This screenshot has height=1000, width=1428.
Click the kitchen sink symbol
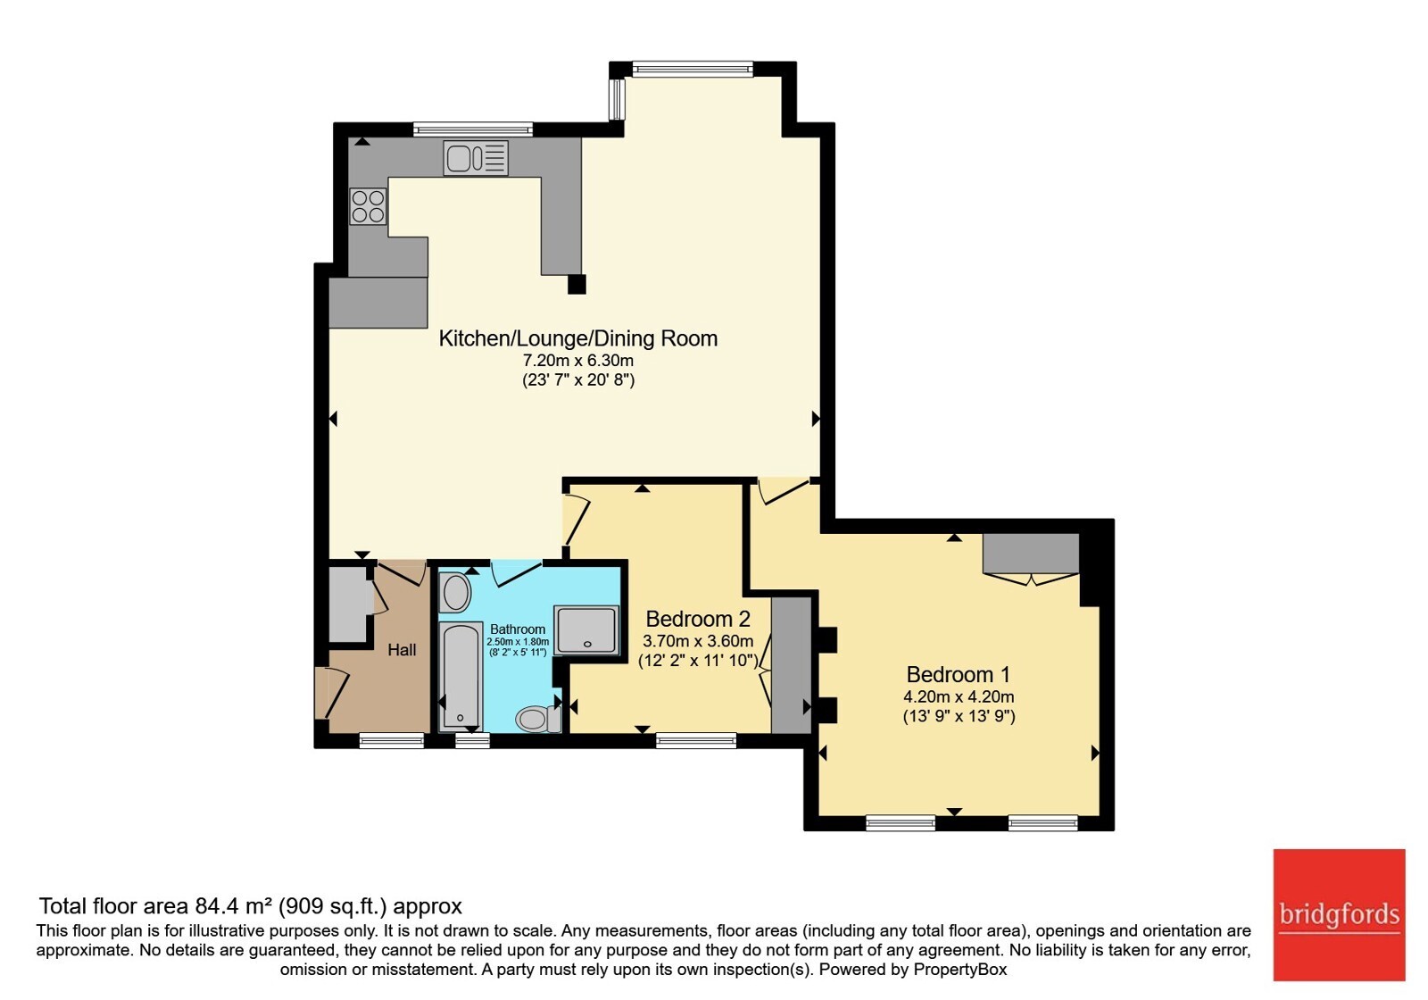476,157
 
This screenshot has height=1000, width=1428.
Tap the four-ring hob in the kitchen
368,206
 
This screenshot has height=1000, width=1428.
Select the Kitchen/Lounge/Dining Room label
578,338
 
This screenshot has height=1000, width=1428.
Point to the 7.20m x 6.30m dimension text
578,361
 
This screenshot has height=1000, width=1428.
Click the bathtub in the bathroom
461,676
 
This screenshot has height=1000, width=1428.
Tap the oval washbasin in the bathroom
456,593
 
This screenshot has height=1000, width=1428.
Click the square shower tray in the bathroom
586,630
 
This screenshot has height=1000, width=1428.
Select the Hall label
402,650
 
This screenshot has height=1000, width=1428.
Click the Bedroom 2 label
697,619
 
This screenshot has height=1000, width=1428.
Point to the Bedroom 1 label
959,674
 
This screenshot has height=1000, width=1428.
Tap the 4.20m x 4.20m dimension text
959,697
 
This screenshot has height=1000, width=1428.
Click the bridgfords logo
1340,914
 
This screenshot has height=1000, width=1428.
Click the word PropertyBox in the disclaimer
960,970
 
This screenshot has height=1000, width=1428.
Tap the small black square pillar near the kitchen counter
577,284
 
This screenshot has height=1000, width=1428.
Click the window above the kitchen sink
472,129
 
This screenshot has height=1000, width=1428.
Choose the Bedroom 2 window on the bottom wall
696,740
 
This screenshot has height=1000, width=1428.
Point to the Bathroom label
518,629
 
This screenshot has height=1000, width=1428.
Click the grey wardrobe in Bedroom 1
1031,554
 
